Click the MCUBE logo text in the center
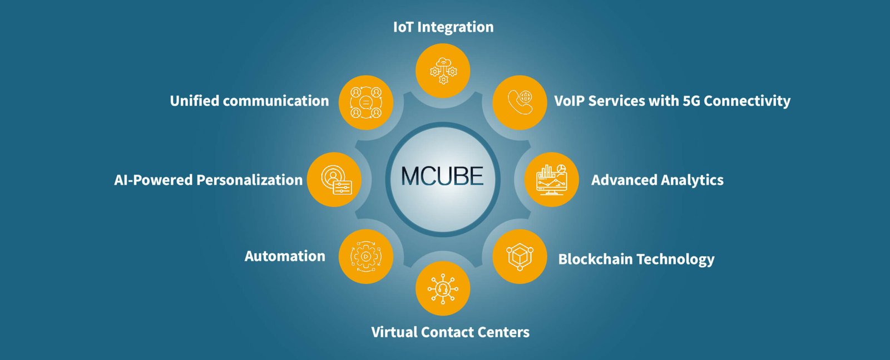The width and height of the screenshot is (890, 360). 442,176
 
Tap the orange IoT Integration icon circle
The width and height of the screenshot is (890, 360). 443,71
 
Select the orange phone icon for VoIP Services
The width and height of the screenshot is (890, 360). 520,102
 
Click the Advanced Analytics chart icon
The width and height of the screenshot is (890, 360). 551,180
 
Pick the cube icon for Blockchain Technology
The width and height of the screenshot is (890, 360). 520,257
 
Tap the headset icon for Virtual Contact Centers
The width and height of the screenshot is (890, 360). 443,288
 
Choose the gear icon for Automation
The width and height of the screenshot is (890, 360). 366,257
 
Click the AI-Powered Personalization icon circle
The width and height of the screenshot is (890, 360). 334,180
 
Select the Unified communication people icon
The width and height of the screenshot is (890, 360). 366,102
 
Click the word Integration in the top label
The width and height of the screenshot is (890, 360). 456,27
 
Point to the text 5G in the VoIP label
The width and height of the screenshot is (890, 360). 691,101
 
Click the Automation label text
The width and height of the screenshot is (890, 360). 285,257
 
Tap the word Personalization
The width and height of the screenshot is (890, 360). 250,180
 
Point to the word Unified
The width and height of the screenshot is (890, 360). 195,101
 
